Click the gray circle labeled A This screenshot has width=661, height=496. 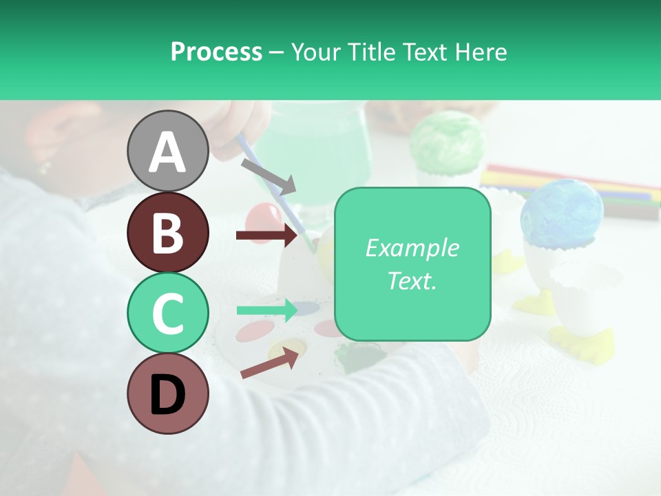coord(167,151)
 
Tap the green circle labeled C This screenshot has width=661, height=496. coord(167,313)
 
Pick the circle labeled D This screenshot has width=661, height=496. coord(167,393)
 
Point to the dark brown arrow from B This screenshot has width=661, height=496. coord(266,236)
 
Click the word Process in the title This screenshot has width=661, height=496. coord(216,52)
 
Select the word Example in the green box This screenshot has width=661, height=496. coord(412,248)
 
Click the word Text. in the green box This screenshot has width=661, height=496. coord(412,280)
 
